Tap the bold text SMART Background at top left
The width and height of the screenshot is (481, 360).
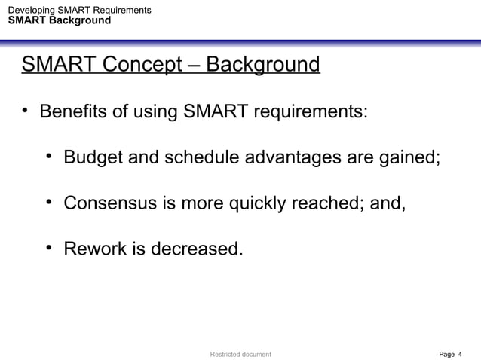click(x=59, y=20)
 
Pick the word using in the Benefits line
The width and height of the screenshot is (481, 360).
click(x=154, y=114)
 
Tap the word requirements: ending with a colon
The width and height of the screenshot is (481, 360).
click(x=310, y=114)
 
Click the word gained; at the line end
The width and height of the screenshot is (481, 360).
click(x=410, y=159)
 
